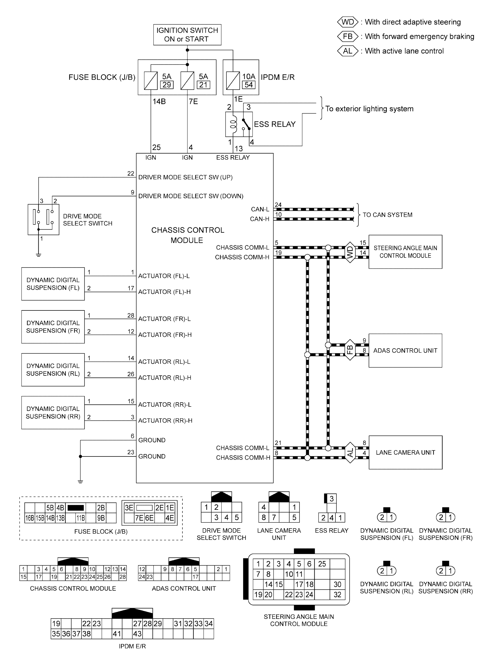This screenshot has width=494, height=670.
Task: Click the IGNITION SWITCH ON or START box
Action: [x=187, y=35]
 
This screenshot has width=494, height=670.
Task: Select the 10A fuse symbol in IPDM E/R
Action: [x=233, y=81]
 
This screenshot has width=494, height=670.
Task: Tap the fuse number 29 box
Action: [x=167, y=85]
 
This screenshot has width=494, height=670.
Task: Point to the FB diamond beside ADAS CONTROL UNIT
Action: [x=350, y=350]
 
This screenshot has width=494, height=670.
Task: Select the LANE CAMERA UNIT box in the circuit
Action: [x=405, y=452]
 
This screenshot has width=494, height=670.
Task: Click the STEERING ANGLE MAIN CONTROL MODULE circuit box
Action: [x=405, y=252]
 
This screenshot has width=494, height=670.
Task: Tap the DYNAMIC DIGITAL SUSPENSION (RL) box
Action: [x=53, y=370]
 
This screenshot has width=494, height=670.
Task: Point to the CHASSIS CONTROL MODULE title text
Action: [x=187, y=235]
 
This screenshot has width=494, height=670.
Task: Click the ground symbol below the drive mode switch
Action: [x=38, y=255]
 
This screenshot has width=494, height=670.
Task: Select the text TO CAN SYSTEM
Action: [x=387, y=215]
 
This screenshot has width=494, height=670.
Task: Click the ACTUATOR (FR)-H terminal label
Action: [x=165, y=335]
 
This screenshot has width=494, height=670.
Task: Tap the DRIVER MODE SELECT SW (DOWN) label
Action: [x=190, y=196]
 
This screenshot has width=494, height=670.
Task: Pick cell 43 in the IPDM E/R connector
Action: [x=137, y=634]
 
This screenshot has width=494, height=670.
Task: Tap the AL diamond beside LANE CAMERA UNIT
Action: [x=350, y=452]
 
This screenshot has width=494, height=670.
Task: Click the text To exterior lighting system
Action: [x=369, y=109]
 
